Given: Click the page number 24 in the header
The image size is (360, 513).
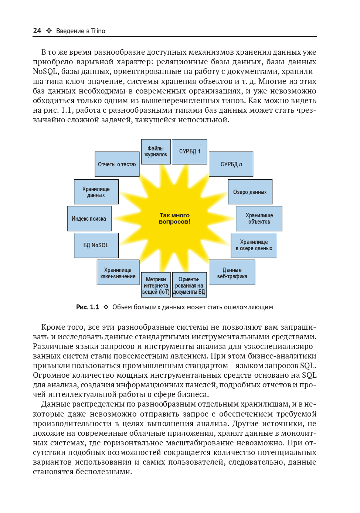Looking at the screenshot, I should coord(37,31).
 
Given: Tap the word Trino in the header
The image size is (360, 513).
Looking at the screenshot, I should coord(98,31).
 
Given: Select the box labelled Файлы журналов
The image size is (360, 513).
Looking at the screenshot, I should coord(156,152).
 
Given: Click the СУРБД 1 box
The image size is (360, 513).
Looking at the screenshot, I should coord(190,152).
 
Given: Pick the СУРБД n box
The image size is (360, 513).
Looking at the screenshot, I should coord(231,164).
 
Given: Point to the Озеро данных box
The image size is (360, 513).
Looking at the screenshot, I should coord(250,192).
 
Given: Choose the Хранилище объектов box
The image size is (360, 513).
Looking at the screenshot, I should coord(259,218).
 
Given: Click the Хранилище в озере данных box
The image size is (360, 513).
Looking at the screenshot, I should coord(254,245).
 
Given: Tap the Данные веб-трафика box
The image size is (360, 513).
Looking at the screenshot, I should coord(232,272).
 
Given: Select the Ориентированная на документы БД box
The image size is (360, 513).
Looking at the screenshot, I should coord(189,285).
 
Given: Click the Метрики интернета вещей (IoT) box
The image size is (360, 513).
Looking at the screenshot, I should coord(156,285).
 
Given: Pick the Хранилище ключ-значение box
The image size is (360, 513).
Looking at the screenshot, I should coord(118,272).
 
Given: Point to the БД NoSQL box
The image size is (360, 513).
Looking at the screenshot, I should coord(96,245).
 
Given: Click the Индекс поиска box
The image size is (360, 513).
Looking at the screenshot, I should coord(89,218).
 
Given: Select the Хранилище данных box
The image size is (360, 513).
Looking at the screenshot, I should coord(96,192).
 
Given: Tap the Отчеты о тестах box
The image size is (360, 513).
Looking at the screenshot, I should coord(117,164).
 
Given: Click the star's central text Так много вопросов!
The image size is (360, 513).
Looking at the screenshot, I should coord(174,218).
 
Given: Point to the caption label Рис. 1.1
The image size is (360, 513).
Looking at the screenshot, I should coord(88,307).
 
